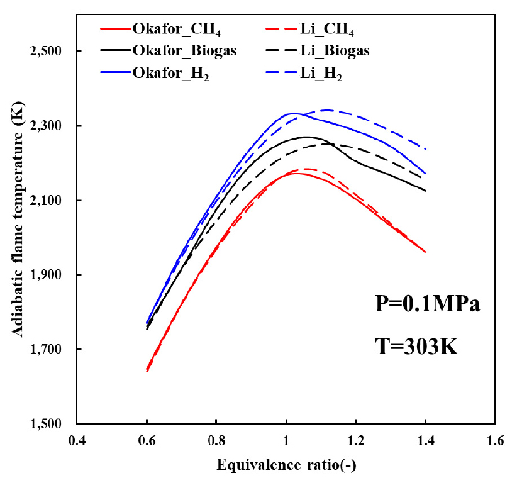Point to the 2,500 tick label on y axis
[x=51, y=52]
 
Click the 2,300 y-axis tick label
[x=51, y=126]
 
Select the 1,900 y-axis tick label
[x=51, y=275]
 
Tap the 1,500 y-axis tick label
[x=51, y=424]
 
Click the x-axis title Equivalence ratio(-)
[x=287, y=466]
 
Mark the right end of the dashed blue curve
[x=426, y=149]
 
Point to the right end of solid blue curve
[x=426, y=174]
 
